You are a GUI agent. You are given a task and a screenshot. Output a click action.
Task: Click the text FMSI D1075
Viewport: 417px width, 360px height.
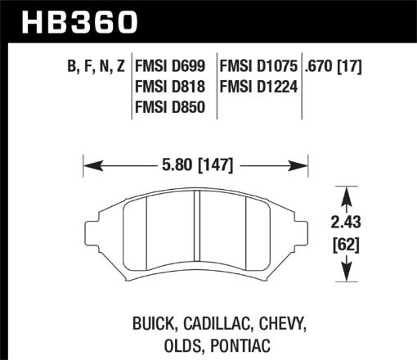click(256, 67)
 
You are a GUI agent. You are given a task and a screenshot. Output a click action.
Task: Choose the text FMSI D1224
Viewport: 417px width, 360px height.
click(256, 88)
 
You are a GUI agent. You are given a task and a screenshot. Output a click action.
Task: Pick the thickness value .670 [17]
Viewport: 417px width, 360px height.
click(339, 67)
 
